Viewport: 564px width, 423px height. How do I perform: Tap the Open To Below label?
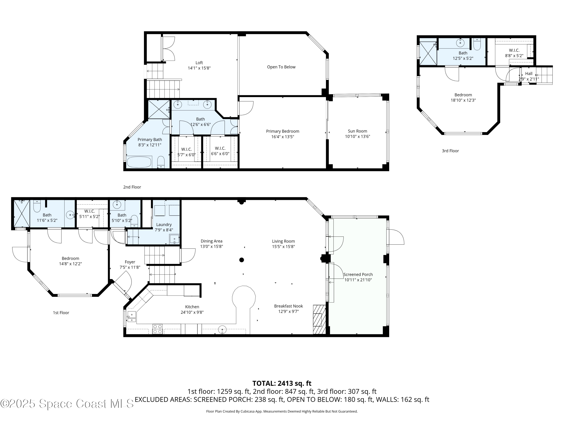pos(281,67)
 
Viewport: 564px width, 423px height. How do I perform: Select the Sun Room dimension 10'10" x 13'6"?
pos(357,137)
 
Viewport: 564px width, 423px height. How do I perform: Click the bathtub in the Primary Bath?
pos(139,162)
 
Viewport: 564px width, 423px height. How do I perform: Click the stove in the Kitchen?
pos(157,329)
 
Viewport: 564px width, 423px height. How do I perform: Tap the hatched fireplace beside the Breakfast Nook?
pos(319,319)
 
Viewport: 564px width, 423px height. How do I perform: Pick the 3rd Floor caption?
pos(450,151)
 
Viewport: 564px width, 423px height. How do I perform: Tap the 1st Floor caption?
pos(61,313)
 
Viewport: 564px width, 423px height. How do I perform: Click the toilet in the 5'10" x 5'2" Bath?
pos(134,221)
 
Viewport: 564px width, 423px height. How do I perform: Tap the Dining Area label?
pos(211,241)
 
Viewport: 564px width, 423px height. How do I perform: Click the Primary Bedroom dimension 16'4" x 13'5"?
pos(283,137)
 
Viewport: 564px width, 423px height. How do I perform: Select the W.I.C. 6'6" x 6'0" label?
pos(220,151)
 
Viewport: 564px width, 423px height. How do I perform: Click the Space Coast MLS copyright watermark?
pos(67,404)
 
